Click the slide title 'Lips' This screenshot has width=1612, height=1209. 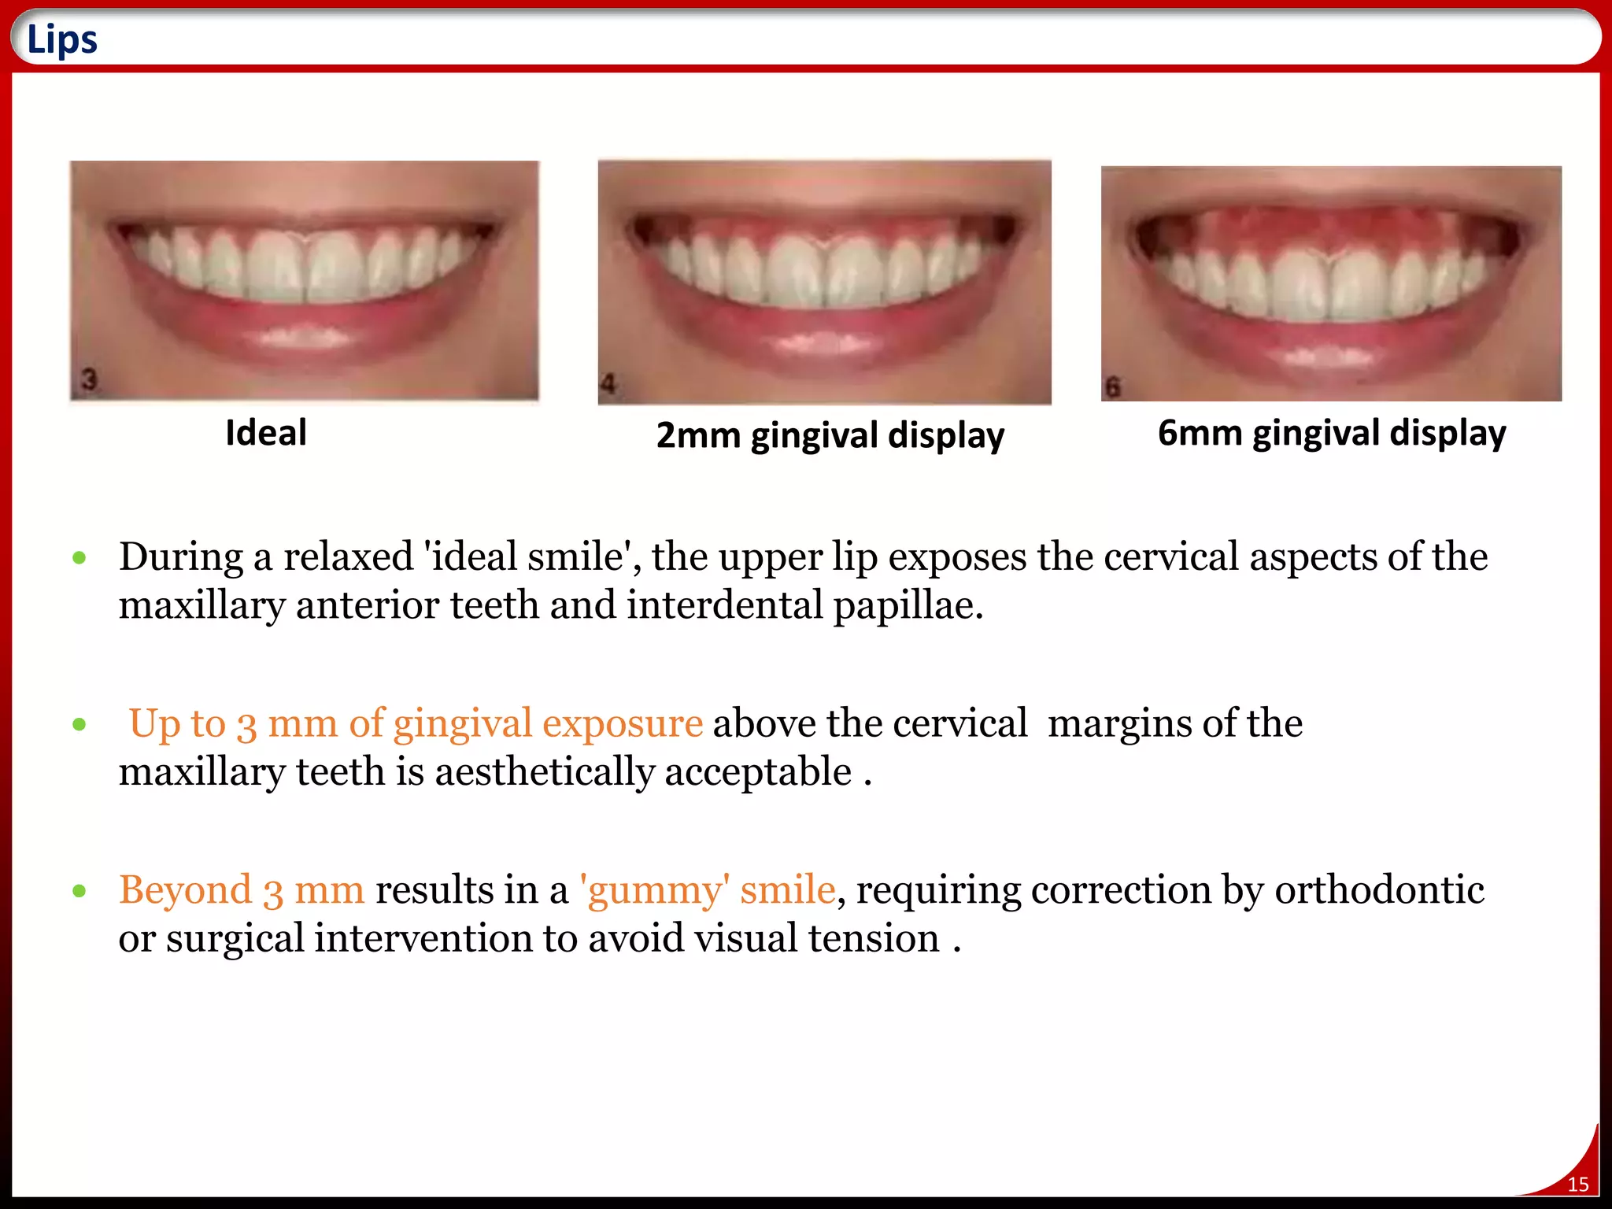[x=62, y=39]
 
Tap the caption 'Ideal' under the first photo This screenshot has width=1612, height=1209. [x=266, y=433]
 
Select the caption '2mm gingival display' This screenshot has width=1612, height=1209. [x=830, y=435]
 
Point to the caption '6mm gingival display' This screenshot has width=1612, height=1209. [x=1332, y=433]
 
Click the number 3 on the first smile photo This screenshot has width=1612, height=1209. [x=89, y=379]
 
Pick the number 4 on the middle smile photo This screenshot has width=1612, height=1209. [x=608, y=385]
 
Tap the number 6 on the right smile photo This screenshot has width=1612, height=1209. [x=1112, y=387]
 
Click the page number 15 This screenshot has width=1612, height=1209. [x=1577, y=1185]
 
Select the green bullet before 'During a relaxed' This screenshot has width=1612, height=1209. [x=79, y=558]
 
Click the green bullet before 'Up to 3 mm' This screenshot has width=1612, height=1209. [x=79, y=724]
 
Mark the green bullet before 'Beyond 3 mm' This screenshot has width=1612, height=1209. [x=79, y=891]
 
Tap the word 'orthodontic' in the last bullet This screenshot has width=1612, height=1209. [x=1379, y=890]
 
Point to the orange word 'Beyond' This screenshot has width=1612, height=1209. [x=185, y=890]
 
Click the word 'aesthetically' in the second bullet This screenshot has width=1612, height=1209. [x=544, y=772]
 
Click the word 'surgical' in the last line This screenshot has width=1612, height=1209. [x=235, y=939]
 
